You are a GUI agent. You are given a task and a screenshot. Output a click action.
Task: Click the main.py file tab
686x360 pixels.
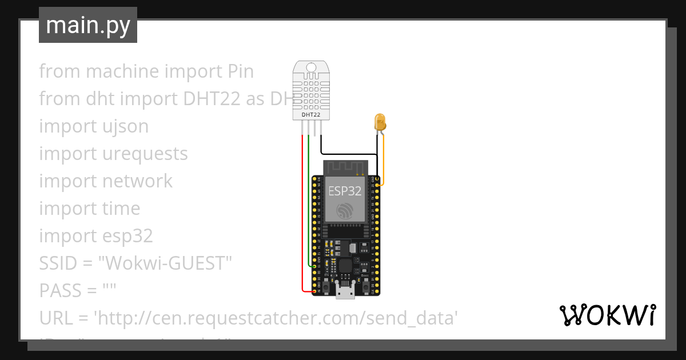[x=87, y=25]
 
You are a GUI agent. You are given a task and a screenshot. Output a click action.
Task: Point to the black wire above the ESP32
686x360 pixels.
[x=349, y=154]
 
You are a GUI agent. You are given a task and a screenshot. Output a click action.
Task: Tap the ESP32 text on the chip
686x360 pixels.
[x=344, y=191]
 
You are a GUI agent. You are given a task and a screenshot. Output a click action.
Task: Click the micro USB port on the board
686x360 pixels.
[x=344, y=293]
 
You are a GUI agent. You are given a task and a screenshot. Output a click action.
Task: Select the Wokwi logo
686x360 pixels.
[x=607, y=315]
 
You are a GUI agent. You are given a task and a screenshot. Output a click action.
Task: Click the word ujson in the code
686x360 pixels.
[x=123, y=126]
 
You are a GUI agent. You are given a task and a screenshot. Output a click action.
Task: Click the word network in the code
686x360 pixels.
[x=137, y=181]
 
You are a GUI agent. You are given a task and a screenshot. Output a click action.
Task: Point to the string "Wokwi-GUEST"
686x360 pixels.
[x=165, y=263]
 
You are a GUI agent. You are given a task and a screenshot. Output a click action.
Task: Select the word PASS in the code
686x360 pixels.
[x=59, y=290]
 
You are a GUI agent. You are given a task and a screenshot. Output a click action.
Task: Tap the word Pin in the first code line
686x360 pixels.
[x=240, y=71]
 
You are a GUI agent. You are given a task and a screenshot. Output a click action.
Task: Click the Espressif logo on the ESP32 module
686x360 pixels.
[x=344, y=210]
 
